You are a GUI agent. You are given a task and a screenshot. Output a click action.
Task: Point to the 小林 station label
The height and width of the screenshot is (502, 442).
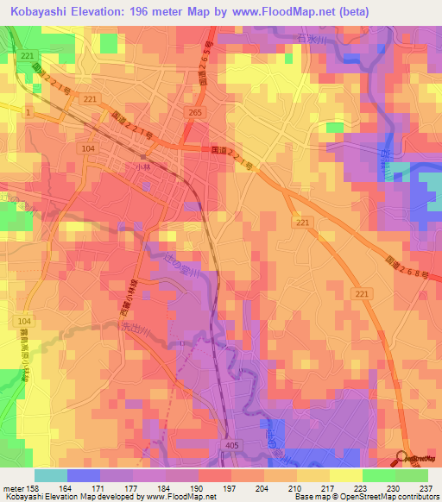[143, 166]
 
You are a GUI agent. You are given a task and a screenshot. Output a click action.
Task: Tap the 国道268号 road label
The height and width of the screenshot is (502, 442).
[404, 267]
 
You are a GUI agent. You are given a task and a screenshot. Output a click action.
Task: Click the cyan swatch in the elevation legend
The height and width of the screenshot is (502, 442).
[51, 475]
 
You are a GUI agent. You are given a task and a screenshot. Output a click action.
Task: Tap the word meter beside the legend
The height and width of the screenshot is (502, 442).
[12, 488]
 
